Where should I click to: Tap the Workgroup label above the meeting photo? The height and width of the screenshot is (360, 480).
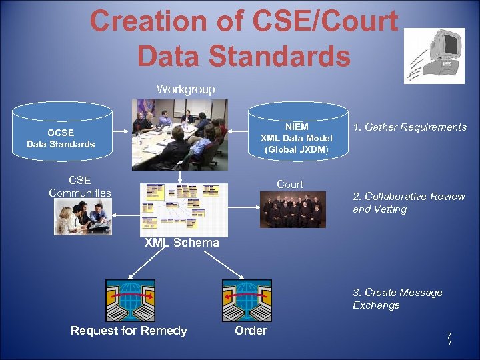[185, 89]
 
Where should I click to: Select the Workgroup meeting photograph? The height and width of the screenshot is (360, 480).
[179, 134]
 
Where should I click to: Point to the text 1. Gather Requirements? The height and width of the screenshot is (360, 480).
[410, 127]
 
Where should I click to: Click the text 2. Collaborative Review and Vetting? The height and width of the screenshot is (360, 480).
[409, 203]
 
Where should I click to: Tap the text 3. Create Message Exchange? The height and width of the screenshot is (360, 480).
[397, 299]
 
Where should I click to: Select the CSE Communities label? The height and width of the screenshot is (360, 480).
[80, 187]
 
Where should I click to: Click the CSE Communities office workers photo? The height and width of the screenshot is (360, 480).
[83, 217]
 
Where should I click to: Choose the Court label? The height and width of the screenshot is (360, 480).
[289, 184]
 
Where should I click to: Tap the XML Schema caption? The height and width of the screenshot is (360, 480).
[182, 243]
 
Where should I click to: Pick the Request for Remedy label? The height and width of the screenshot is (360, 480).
[129, 331]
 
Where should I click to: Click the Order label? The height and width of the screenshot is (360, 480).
[251, 331]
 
